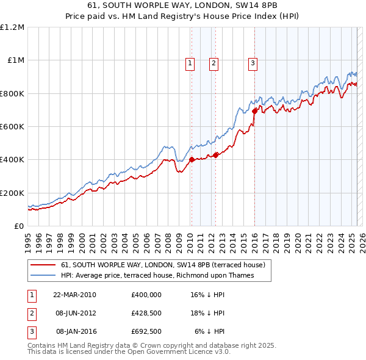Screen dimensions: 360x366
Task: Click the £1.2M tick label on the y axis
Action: pos(12,27)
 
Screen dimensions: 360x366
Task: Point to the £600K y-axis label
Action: pos(12,126)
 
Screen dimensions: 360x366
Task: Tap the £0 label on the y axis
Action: pos(18,226)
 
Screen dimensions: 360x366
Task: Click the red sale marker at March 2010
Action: pos(191,160)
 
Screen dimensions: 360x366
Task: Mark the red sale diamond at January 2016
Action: pos(254,111)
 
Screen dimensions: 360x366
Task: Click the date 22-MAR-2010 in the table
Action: pos(74,295)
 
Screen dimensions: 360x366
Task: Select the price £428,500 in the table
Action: pos(146,314)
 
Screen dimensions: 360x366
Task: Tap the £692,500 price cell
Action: pos(146,332)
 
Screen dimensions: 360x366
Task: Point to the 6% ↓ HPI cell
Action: pos(210,332)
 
